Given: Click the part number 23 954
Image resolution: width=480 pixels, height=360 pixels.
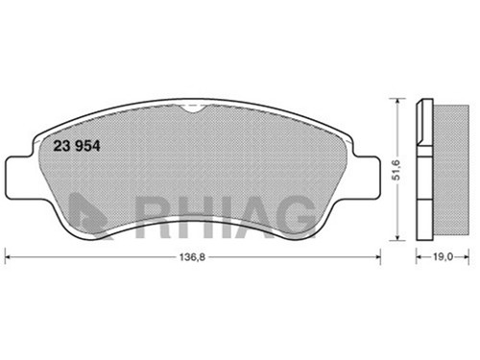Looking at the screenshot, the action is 77,146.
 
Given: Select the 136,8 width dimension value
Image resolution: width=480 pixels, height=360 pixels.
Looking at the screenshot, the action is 192,257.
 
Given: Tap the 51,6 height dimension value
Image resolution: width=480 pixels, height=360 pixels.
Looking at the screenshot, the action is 396,170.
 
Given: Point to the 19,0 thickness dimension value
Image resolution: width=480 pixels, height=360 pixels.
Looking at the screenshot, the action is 444,256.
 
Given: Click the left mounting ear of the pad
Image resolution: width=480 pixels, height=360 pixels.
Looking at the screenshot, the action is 19,177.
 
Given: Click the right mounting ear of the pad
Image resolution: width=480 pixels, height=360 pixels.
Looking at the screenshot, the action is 368,177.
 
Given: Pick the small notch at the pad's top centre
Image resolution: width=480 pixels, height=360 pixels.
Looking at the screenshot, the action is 191,109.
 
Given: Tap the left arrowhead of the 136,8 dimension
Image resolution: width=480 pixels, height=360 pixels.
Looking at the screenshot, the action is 9,256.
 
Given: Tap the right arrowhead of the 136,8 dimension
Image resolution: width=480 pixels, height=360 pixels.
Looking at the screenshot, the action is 377,256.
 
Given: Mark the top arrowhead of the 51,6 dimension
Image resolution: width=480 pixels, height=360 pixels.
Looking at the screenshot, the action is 397,103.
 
